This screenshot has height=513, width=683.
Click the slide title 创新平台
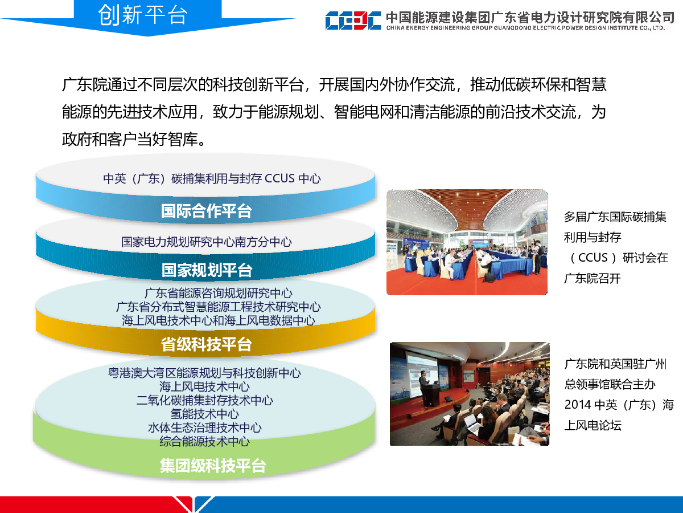pos(143,15)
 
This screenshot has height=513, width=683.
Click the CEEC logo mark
pos(353,21)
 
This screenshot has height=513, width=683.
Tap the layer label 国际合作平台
pos(206,211)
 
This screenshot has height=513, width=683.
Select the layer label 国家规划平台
pos(207,270)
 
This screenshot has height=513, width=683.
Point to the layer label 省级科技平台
pos(206,344)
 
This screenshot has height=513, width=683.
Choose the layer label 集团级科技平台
pos(213,466)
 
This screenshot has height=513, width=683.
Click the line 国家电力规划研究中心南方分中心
pos(206,242)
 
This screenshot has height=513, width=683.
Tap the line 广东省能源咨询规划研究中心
pos(219,293)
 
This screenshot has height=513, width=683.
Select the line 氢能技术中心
pos(205,414)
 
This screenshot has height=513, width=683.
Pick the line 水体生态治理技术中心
pos(205,427)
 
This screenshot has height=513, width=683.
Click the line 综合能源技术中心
pos(205,441)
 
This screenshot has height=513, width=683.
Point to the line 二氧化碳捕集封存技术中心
pos(205,400)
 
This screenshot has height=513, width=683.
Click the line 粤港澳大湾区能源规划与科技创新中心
pos(204,373)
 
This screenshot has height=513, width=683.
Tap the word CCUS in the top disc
pos(279,178)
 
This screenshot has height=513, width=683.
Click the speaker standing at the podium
pos(425,388)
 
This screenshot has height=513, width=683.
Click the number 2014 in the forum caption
pos(578,405)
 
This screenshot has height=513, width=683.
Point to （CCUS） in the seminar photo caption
pos(593,258)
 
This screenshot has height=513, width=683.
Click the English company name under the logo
pos(525,28)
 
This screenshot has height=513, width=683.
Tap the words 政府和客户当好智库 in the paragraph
pos(130,139)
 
